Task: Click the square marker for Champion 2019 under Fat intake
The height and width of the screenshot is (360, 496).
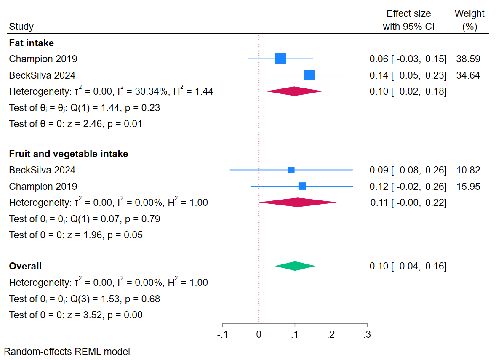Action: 280,59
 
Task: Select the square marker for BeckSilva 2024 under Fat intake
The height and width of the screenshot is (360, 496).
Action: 309,75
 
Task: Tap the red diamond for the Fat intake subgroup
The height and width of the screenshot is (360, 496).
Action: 294,91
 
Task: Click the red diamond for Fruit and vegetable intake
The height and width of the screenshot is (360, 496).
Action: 298,203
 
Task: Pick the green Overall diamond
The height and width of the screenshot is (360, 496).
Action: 295,266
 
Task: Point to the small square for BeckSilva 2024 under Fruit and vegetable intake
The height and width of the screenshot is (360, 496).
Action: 291,170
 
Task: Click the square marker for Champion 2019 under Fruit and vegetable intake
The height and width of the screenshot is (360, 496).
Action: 302,186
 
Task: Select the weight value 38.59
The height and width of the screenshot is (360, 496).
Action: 468,59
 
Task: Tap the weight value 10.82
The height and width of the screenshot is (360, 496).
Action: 468,170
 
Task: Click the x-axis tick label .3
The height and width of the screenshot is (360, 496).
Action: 367,335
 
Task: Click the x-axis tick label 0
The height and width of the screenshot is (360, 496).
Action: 259,335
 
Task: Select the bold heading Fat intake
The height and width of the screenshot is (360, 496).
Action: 32,43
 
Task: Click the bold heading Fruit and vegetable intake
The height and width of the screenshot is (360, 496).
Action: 69,154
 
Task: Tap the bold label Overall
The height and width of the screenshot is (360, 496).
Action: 25,266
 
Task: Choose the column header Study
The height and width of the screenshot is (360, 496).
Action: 21,27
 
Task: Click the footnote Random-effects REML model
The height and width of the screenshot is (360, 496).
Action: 67,352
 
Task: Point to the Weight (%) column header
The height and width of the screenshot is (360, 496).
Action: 469,20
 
